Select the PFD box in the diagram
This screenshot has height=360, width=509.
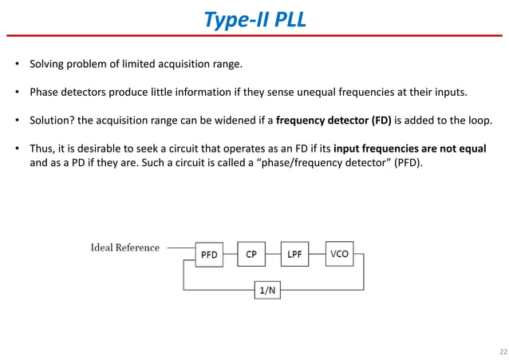click(x=210, y=255)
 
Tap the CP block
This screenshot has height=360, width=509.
click(x=251, y=255)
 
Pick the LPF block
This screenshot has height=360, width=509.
click(x=294, y=255)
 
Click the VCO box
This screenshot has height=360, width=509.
click(x=339, y=254)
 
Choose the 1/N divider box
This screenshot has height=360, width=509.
click(x=267, y=291)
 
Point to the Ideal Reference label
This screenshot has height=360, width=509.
click(x=124, y=247)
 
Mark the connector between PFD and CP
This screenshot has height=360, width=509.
click(x=231, y=255)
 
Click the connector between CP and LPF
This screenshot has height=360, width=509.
click(x=273, y=255)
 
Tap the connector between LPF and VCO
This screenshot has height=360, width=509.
click(x=317, y=255)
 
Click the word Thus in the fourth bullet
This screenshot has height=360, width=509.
click(x=41, y=149)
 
